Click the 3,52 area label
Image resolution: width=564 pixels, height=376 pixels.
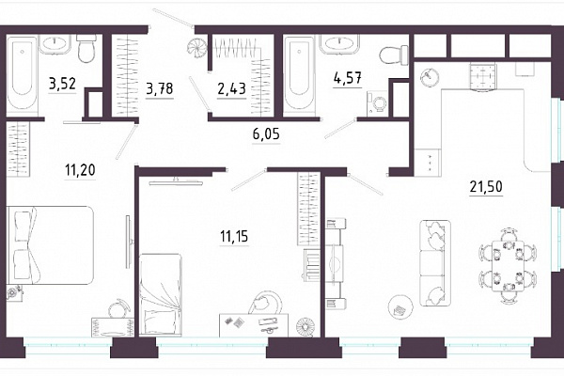[63, 85]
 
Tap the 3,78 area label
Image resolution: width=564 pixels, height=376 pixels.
[160, 88]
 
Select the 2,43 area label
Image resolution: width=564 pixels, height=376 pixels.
[231, 88]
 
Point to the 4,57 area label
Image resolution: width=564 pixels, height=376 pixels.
[348, 78]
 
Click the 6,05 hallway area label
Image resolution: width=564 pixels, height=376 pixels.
[266, 134]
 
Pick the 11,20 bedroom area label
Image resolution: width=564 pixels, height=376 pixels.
[80, 169]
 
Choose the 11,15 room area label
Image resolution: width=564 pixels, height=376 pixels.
[234, 236]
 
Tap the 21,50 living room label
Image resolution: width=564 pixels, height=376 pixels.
[486, 187]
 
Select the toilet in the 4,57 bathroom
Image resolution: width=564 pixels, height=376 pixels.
[394, 55]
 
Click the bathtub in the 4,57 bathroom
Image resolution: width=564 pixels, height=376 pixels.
[299, 74]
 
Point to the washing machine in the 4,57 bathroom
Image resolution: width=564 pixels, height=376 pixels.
[377, 103]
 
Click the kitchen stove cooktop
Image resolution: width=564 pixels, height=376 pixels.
[483, 76]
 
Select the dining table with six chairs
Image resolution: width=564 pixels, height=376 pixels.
[508, 265]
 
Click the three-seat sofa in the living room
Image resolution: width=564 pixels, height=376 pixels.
[435, 263]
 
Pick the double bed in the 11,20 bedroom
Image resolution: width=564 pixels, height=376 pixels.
[51, 245]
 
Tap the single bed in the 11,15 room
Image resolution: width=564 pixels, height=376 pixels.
[161, 294]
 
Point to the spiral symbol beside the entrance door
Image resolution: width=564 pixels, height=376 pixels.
[197, 47]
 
